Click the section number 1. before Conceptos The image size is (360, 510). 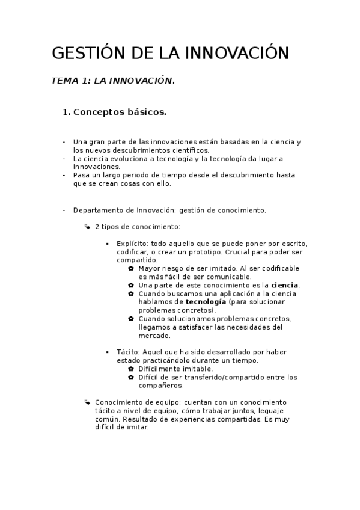[67, 112]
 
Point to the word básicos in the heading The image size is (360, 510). [145, 112]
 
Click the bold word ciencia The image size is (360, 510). [285, 284]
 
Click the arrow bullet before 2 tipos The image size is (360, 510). [88, 226]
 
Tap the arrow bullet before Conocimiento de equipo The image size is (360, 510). [88, 402]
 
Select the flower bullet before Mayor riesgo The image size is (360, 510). [131, 268]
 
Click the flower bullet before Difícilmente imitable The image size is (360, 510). [131, 369]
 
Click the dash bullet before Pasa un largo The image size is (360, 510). [64, 175]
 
